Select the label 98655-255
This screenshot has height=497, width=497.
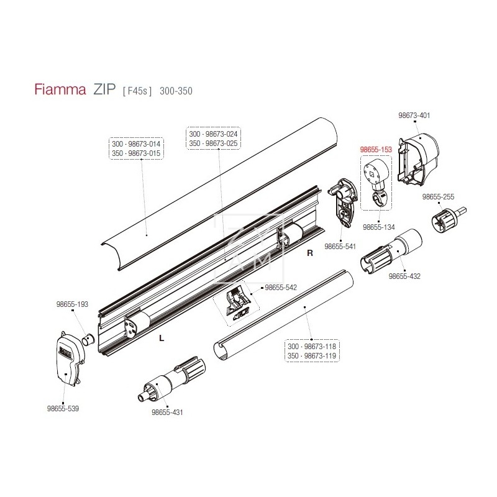pyautogui.click(x=439, y=196)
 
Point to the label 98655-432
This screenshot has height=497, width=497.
pyautogui.click(x=404, y=276)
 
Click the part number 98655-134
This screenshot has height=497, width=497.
pyautogui.click(x=379, y=228)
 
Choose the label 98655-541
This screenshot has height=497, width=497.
pyautogui.click(x=340, y=246)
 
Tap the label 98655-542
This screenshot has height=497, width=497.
pyautogui.click(x=281, y=288)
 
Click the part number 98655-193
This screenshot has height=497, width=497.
pyautogui.click(x=73, y=304)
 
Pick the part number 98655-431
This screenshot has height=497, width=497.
pyautogui.click(x=168, y=412)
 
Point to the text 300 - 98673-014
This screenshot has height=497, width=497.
pyautogui.click(x=136, y=144)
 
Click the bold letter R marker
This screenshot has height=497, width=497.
pyautogui.click(x=309, y=254)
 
